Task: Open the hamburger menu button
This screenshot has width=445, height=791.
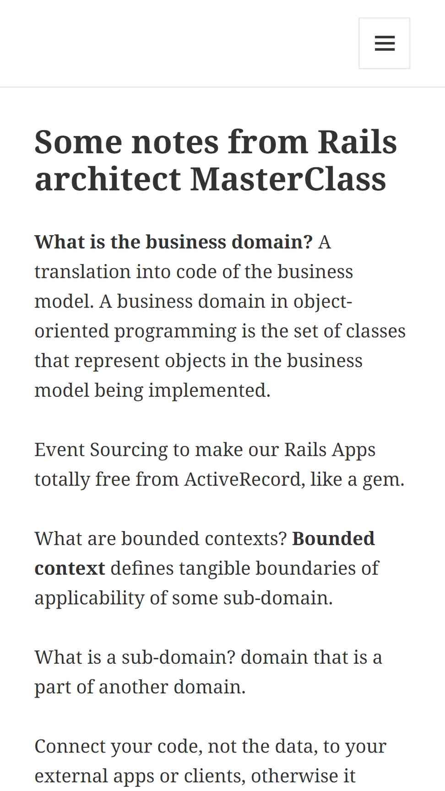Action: pyautogui.click(x=384, y=43)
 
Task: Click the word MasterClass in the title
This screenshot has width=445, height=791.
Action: pyautogui.click(x=288, y=179)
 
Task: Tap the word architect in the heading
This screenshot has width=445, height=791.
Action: pyautogui.click(x=108, y=179)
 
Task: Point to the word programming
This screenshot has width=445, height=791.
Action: pyautogui.click(x=175, y=332)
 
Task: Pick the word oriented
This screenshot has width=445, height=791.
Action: pyautogui.click(x=71, y=331)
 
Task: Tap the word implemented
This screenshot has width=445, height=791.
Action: pyautogui.click(x=210, y=391)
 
